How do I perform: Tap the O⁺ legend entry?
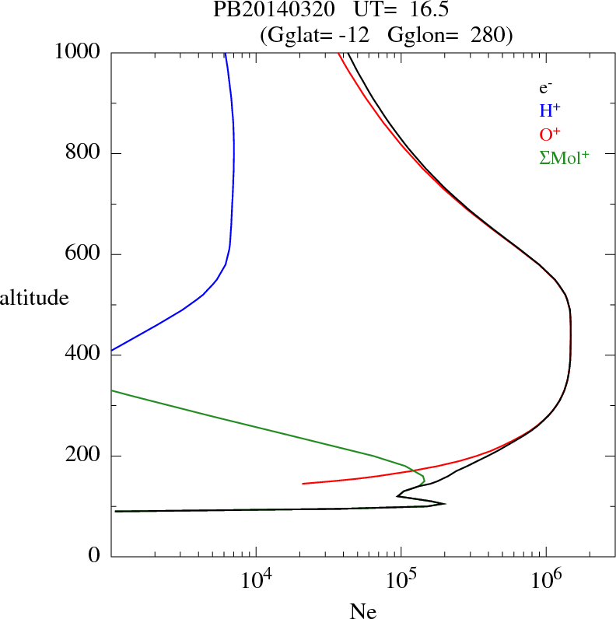[x=550, y=134]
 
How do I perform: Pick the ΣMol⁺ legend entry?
[x=564, y=157]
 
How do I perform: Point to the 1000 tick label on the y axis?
[x=78, y=52]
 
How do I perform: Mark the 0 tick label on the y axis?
[x=95, y=556]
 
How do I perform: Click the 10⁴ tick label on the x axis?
[x=257, y=579]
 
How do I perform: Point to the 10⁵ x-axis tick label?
[x=403, y=579]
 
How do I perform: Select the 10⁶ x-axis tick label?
[x=548, y=579]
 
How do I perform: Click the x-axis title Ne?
[x=363, y=611]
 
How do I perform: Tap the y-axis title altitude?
[x=35, y=298]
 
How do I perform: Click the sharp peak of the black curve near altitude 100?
[x=445, y=504]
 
